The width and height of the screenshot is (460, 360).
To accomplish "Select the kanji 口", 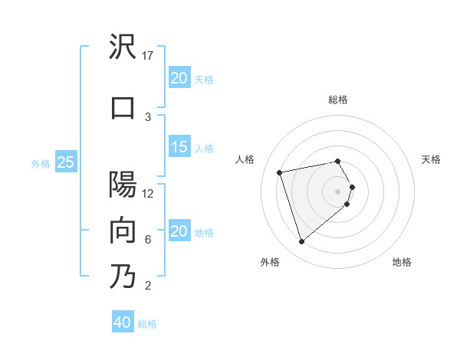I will point(123,106).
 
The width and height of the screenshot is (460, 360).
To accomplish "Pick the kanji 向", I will point(123,231).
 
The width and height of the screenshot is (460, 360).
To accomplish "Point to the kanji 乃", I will point(123,276).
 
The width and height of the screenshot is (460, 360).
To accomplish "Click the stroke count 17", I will point(149,56).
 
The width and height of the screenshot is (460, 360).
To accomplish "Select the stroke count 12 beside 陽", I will point(149,193).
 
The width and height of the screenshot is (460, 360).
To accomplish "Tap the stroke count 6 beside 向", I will point(148,239).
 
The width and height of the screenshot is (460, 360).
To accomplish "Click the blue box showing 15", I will point(179,148).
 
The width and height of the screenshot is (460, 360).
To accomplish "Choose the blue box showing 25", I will point(66,162).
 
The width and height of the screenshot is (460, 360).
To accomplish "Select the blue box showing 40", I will point(123,322).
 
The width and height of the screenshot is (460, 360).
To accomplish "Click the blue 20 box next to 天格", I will point(179,78).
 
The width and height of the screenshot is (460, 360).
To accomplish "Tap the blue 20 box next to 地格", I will point(179,232).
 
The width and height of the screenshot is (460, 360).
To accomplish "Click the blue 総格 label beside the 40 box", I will point(147,324).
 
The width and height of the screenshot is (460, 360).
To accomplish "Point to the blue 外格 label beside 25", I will point(41,163).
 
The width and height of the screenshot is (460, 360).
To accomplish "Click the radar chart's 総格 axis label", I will point(337,100).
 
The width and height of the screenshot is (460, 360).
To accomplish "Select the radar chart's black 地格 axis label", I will point(402,262).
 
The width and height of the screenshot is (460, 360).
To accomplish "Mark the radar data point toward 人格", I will point(280,172).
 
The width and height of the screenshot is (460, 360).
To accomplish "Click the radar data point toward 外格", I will point(301,242).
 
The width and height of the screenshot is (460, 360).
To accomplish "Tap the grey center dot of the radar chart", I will point(337,191).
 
